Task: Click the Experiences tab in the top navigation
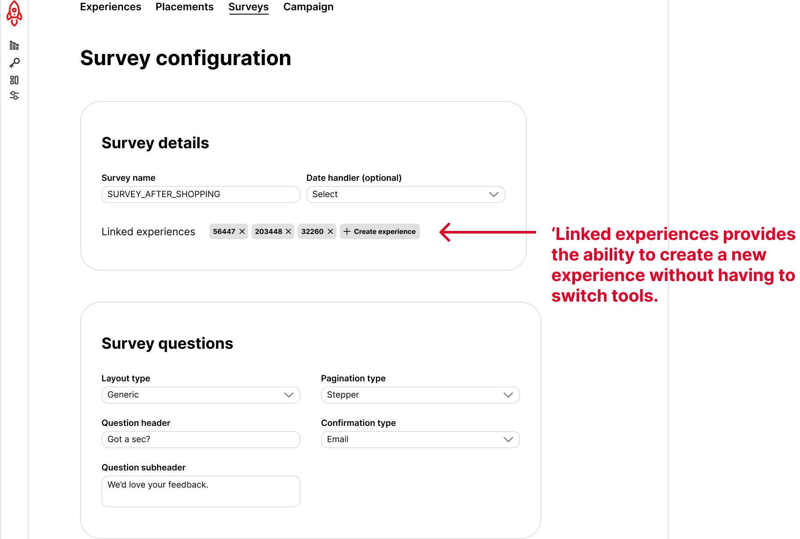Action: (111, 7)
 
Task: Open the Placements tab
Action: (184, 7)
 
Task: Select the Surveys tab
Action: (249, 7)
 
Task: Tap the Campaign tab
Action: (308, 7)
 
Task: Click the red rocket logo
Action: (14, 13)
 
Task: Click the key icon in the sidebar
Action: (15, 63)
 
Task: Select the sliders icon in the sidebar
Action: (15, 96)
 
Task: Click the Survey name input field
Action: (201, 195)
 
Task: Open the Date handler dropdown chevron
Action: (494, 195)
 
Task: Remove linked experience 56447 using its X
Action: (242, 231)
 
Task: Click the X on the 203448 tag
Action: (289, 231)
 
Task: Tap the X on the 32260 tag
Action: (331, 231)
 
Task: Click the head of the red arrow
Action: (441, 232)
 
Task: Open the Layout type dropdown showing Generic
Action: (201, 395)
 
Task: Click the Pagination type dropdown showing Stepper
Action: (420, 395)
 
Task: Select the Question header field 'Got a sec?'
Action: (201, 440)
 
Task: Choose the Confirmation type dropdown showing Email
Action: (420, 440)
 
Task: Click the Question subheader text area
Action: (201, 491)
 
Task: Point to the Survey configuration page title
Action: (186, 58)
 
